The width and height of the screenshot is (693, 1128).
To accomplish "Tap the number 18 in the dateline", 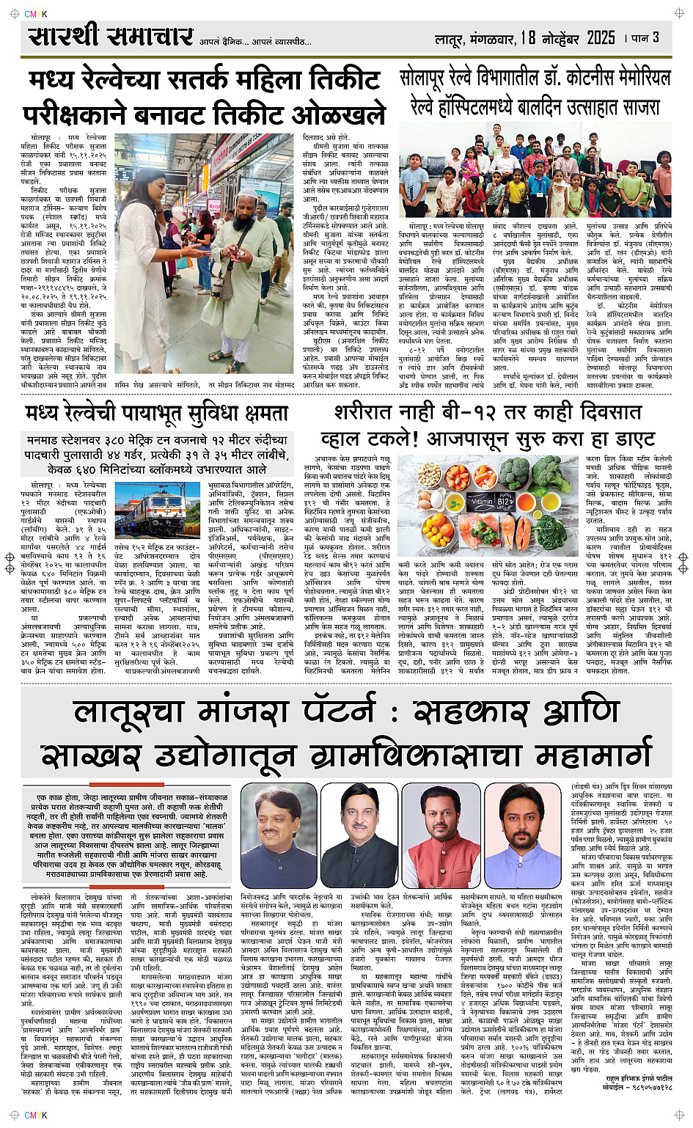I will point(528,37).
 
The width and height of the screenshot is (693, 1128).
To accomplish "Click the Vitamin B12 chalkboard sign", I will point(483,501).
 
